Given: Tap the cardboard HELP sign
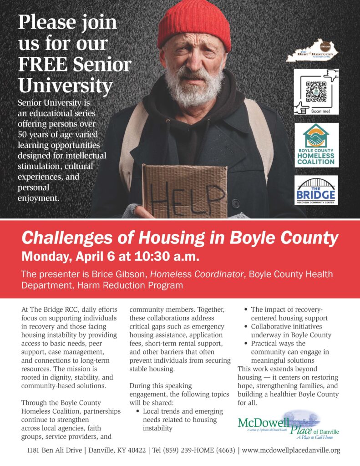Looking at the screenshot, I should coord(184,191).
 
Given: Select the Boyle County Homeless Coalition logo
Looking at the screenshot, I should coord(316,144).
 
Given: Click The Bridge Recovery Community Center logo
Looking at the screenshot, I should coord(316,190).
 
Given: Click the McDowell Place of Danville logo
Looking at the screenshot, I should coord(289,425).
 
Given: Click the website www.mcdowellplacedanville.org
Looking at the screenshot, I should coord(291,451).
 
